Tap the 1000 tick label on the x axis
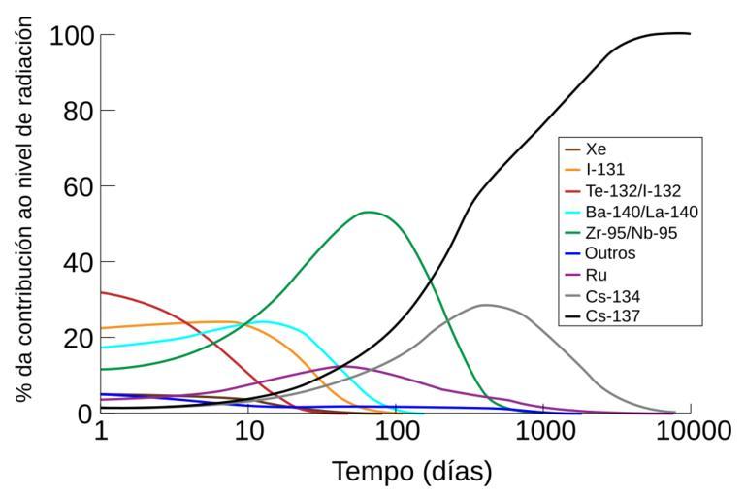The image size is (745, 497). point(543,431)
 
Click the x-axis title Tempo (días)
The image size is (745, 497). point(411,472)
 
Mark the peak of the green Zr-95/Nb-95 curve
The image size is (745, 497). point(369,212)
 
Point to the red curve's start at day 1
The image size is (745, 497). point(101,292)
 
